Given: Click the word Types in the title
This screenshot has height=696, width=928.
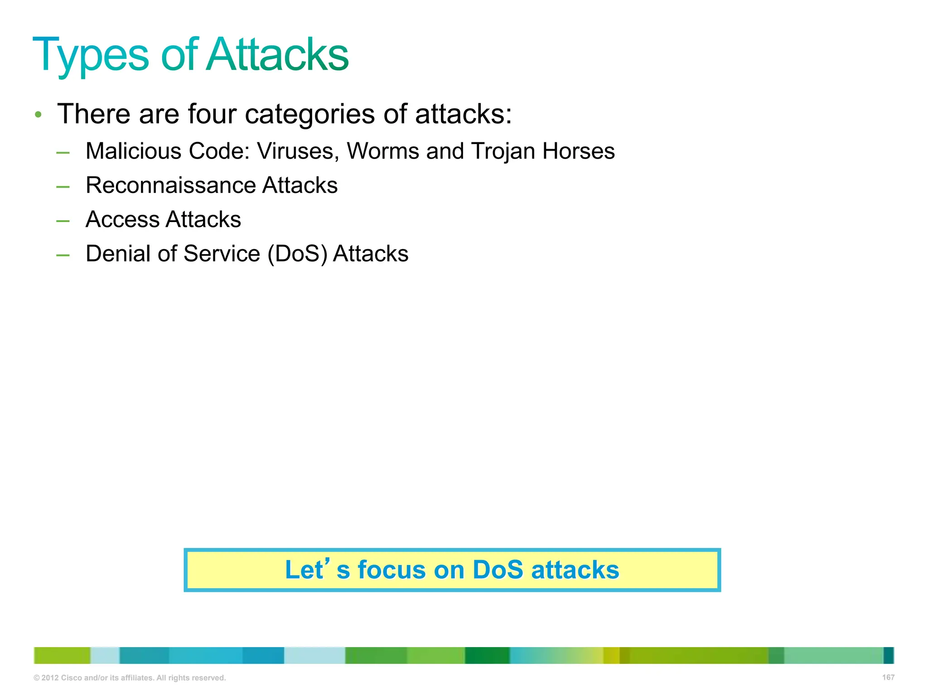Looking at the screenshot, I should click(91, 55).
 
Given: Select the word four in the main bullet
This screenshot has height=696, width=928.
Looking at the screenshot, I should click(212, 114).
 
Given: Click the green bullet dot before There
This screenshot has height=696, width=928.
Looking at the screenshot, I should click(39, 115).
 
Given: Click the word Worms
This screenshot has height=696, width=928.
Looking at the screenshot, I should click(383, 151).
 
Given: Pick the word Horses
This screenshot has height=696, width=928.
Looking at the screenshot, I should click(579, 151).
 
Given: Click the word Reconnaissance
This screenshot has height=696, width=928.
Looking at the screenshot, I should click(169, 185).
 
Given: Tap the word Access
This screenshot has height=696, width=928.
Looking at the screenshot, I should click(122, 219).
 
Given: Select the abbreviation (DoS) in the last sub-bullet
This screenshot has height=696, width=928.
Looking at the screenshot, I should click(297, 254).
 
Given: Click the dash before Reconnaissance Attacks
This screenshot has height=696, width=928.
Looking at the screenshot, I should click(63, 187).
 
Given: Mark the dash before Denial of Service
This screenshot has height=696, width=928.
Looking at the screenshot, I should click(63, 255).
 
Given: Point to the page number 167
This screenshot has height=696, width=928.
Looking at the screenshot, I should click(888, 677).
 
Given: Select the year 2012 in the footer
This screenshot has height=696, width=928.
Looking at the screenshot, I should click(50, 678).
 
